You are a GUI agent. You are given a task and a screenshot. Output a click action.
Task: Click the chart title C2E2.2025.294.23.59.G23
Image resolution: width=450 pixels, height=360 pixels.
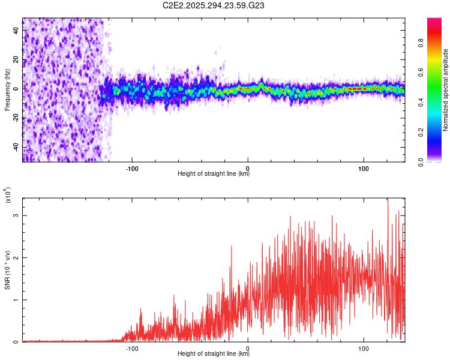[214, 5]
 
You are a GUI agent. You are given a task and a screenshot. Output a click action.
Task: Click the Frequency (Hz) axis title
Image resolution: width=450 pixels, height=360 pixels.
[8, 90]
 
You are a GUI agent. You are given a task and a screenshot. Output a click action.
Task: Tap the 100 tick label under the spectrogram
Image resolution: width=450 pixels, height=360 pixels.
[363, 168]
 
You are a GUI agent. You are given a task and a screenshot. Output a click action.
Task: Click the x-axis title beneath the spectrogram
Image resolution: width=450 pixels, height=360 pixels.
[214, 174]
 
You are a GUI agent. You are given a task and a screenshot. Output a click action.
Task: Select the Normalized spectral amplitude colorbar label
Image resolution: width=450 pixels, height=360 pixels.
[445, 90]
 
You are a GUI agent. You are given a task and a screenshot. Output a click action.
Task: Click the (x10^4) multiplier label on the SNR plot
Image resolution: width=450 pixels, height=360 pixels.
[8, 196]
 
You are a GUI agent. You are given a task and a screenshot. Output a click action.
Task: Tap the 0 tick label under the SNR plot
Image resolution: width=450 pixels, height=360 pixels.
[248, 348]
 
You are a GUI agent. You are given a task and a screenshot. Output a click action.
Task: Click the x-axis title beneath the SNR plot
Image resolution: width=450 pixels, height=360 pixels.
[214, 354]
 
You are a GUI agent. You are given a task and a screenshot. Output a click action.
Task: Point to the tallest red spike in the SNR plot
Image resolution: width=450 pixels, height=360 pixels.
[388, 200]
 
